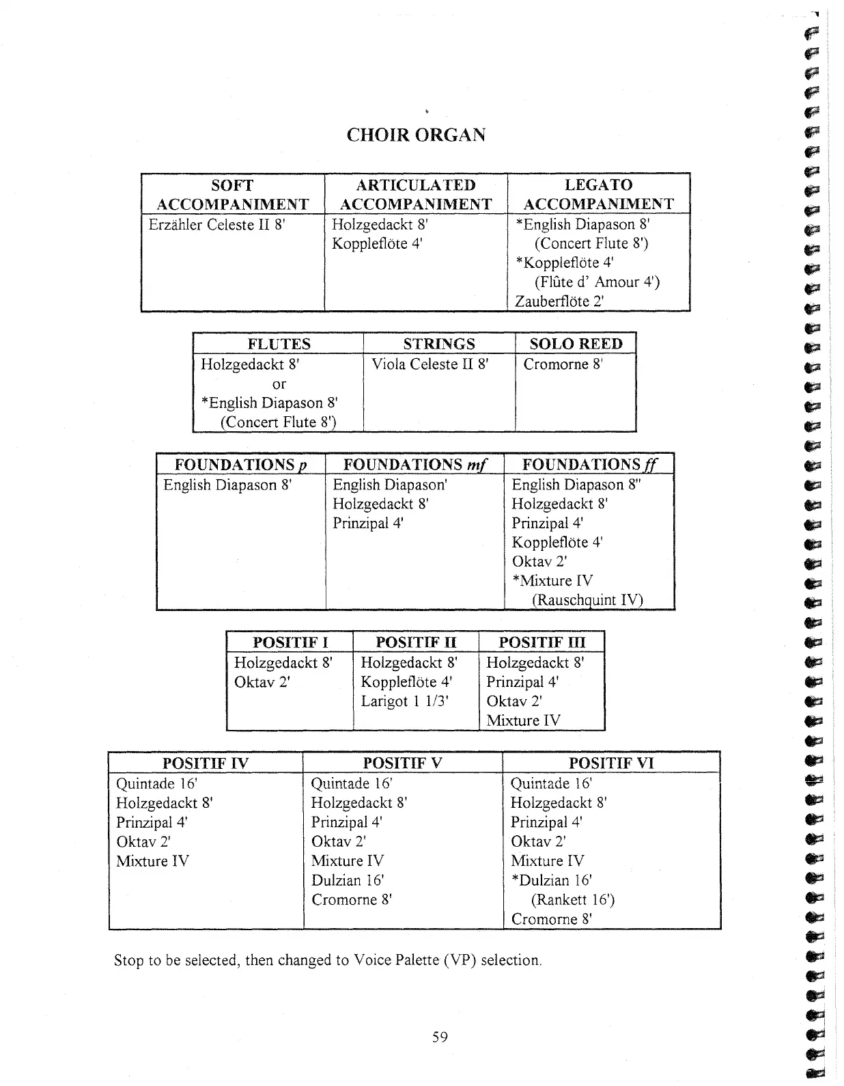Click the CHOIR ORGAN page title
(x=416, y=135)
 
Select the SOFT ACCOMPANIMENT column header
(x=232, y=195)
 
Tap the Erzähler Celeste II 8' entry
(x=216, y=225)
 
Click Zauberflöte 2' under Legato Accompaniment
(x=559, y=301)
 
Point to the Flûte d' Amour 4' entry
(x=597, y=282)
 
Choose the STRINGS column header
(x=438, y=344)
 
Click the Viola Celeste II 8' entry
(x=430, y=364)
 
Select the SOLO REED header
(x=576, y=344)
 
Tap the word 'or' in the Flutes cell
(x=279, y=384)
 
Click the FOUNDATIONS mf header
(x=414, y=465)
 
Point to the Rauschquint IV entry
(x=587, y=600)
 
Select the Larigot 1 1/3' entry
(x=404, y=701)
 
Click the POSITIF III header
(x=541, y=642)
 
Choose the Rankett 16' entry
(x=572, y=900)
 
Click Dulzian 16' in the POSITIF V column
(x=348, y=880)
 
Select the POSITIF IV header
(x=205, y=763)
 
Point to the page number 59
(x=440, y=1037)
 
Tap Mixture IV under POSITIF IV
(x=152, y=861)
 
